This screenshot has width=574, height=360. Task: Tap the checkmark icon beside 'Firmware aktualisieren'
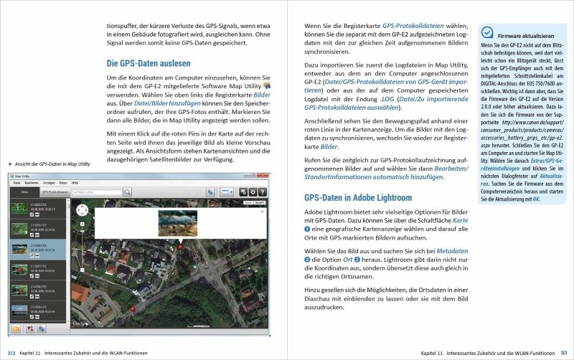(x=487, y=32)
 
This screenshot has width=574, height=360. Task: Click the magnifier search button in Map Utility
(x=127, y=192)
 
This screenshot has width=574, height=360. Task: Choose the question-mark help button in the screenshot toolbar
(x=253, y=192)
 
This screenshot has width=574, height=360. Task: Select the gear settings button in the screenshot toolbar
(x=243, y=192)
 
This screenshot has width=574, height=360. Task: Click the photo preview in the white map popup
(x=177, y=222)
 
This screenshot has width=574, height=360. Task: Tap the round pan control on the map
(x=82, y=210)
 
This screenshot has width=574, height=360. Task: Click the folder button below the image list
(x=16, y=329)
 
